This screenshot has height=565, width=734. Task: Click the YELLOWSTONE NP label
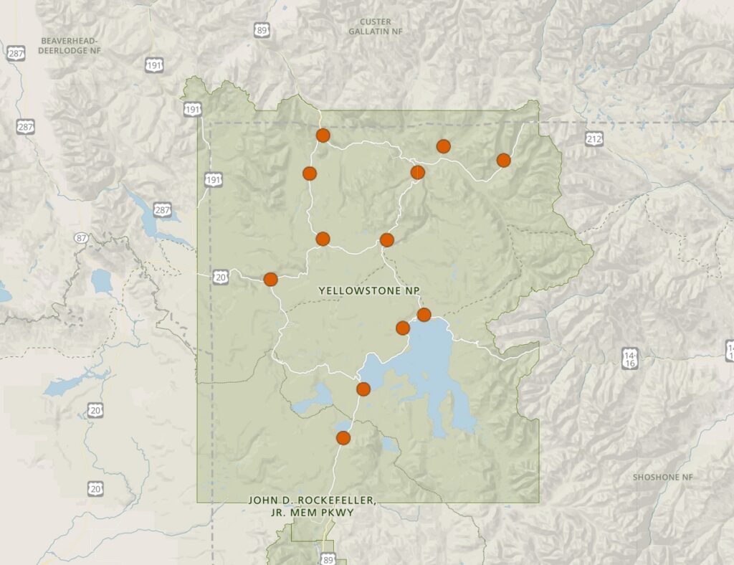(368, 291)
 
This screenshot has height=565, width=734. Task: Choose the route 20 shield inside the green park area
(219, 276)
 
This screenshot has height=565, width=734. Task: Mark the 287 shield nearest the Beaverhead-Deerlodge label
(16, 54)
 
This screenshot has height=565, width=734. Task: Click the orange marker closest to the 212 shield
(503, 160)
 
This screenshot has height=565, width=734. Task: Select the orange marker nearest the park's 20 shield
(270, 280)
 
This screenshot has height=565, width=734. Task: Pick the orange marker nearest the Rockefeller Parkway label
(343, 437)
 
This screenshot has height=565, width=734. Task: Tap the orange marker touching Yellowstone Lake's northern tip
(424, 315)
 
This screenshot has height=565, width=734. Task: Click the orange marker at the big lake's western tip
(363, 389)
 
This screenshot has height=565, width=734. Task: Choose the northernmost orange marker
(323, 135)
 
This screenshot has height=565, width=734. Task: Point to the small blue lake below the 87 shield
(102, 281)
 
